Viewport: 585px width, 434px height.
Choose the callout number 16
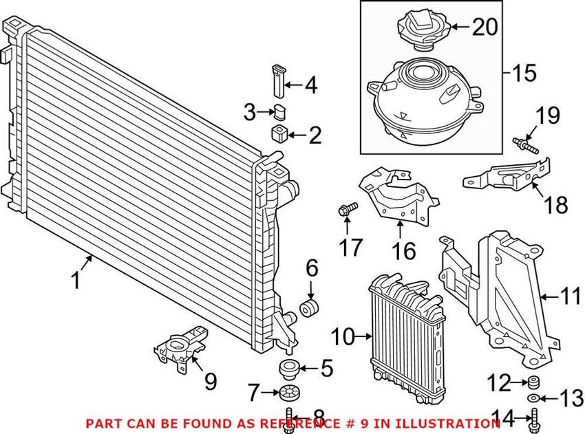click(x=405, y=251)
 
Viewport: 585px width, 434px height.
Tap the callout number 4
click(x=311, y=86)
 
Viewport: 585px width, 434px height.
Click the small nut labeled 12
click(x=532, y=382)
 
